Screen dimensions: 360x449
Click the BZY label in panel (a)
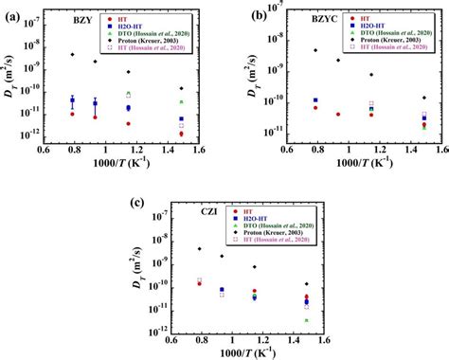(60, 18)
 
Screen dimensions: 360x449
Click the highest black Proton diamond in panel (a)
(72, 55)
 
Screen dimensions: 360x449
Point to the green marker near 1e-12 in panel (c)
(306, 320)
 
